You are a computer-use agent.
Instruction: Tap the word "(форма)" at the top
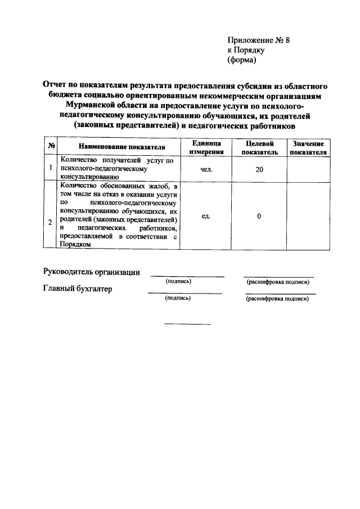click(242, 60)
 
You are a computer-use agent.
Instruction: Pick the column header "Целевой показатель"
click(259, 147)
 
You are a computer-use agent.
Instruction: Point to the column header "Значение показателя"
click(309, 147)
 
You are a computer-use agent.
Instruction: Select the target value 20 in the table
click(259, 169)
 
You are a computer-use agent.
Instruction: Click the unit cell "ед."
click(206, 216)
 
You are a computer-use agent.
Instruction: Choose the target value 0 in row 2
click(259, 216)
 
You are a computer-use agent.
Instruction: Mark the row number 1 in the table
click(51, 168)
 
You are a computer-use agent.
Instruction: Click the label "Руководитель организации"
click(92, 272)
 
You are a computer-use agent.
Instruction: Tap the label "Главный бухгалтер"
click(78, 289)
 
